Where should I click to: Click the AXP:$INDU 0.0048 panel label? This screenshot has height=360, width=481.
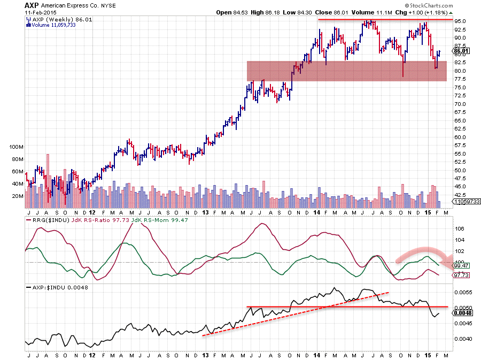click(x=52, y=287)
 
